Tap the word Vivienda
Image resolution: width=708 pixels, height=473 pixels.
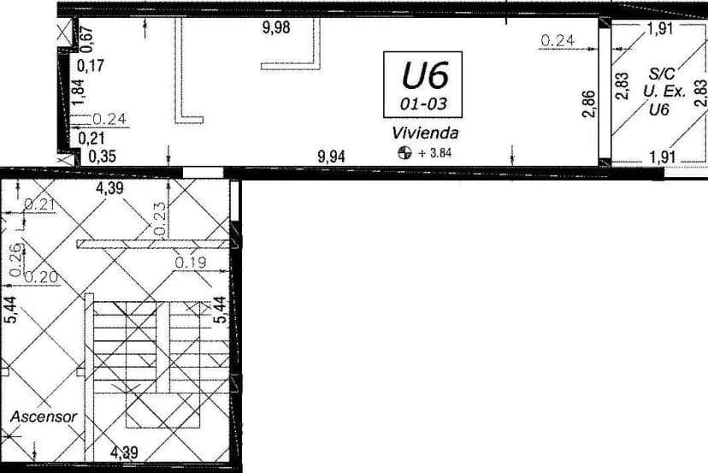pyautogui.click(x=426, y=133)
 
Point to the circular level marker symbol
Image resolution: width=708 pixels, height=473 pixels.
pyautogui.click(x=405, y=154)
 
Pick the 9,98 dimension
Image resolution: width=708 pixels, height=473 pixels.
pyautogui.click(x=276, y=27)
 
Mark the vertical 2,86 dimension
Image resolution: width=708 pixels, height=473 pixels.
pyautogui.click(x=588, y=105)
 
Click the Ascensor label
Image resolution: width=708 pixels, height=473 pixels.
pyautogui.click(x=44, y=417)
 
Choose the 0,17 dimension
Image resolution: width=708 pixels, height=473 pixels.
pyautogui.click(x=91, y=65)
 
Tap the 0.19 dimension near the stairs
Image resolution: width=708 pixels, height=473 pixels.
pyautogui.click(x=191, y=263)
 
